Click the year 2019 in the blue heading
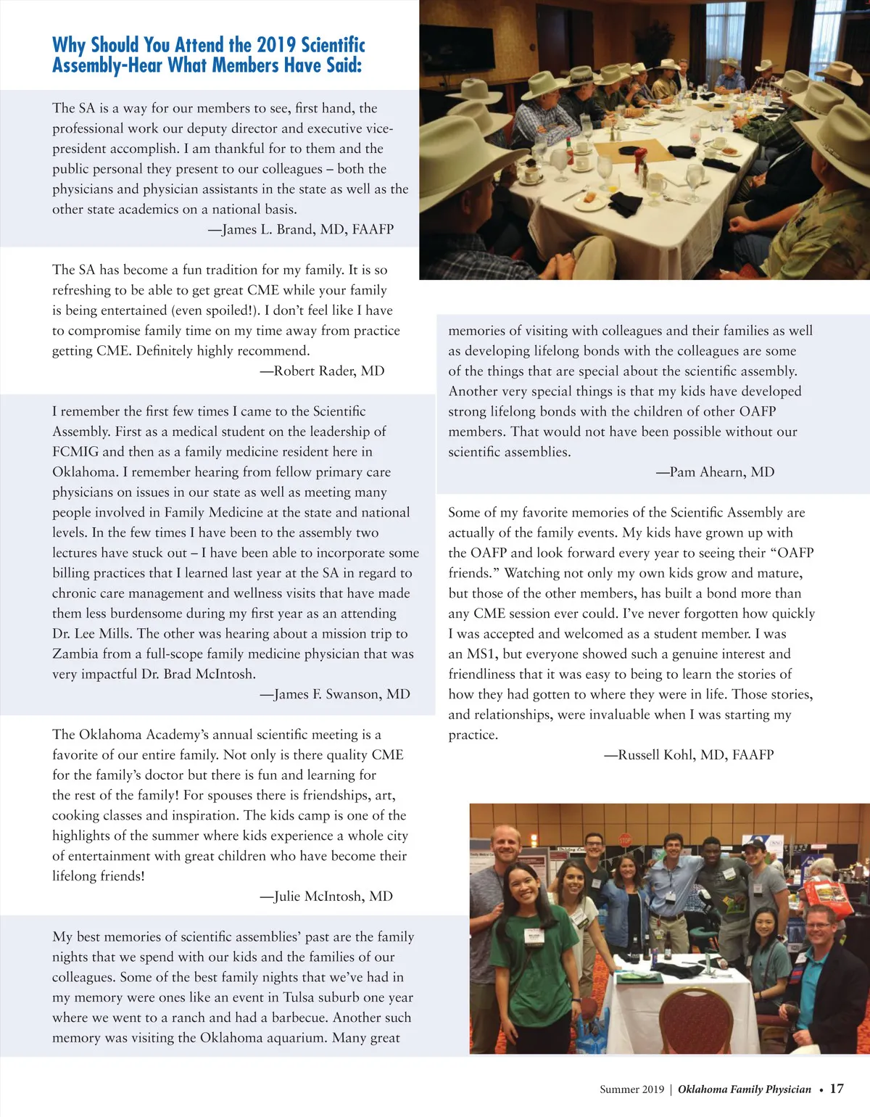[x=275, y=45]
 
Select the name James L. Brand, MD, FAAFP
[x=308, y=229]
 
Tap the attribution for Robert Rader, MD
[x=322, y=371]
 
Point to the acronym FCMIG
[x=75, y=451]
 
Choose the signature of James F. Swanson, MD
[x=335, y=694]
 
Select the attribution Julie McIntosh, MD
[x=326, y=896]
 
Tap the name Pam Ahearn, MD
[x=715, y=471]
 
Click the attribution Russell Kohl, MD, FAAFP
[x=689, y=754]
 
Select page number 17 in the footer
[x=837, y=1088]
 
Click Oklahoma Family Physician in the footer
[x=744, y=1089]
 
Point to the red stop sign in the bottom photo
[x=626, y=840]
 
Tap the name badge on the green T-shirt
[x=535, y=936]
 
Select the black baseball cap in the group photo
[x=754, y=844]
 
